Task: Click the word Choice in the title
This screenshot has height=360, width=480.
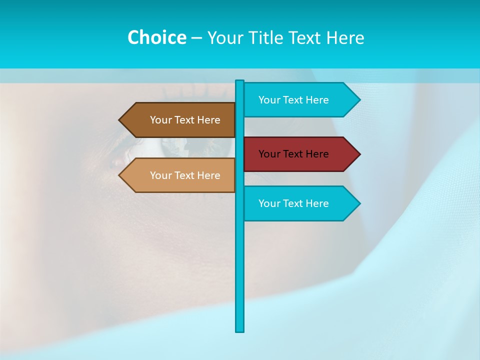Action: click(x=156, y=37)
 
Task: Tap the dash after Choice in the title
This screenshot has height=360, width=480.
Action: click(x=196, y=38)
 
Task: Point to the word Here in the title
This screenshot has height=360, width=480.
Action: click(x=345, y=37)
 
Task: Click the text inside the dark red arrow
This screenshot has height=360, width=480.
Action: click(x=293, y=154)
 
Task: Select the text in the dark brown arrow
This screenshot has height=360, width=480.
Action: click(x=185, y=120)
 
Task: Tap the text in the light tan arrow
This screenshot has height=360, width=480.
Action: click(x=185, y=175)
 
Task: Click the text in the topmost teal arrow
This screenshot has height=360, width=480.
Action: click(x=293, y=100)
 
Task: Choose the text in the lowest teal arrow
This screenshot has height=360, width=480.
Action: click(x=293, y=203)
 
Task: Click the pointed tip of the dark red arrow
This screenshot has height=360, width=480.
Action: click(x=359, y=154)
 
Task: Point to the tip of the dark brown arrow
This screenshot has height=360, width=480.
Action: click(x=120, y=120)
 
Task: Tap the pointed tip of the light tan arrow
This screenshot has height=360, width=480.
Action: click(x=120, y=175)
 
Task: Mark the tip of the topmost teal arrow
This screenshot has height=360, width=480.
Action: click(x=359, y=100)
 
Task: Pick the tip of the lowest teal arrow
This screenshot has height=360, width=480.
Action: click(x=359, y=203)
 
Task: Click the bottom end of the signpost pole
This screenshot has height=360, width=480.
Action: click(x=240, y=330)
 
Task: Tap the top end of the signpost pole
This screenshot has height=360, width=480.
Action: click(x=240, y=81)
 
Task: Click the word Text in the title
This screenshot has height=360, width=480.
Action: click(x=305, y=37)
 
